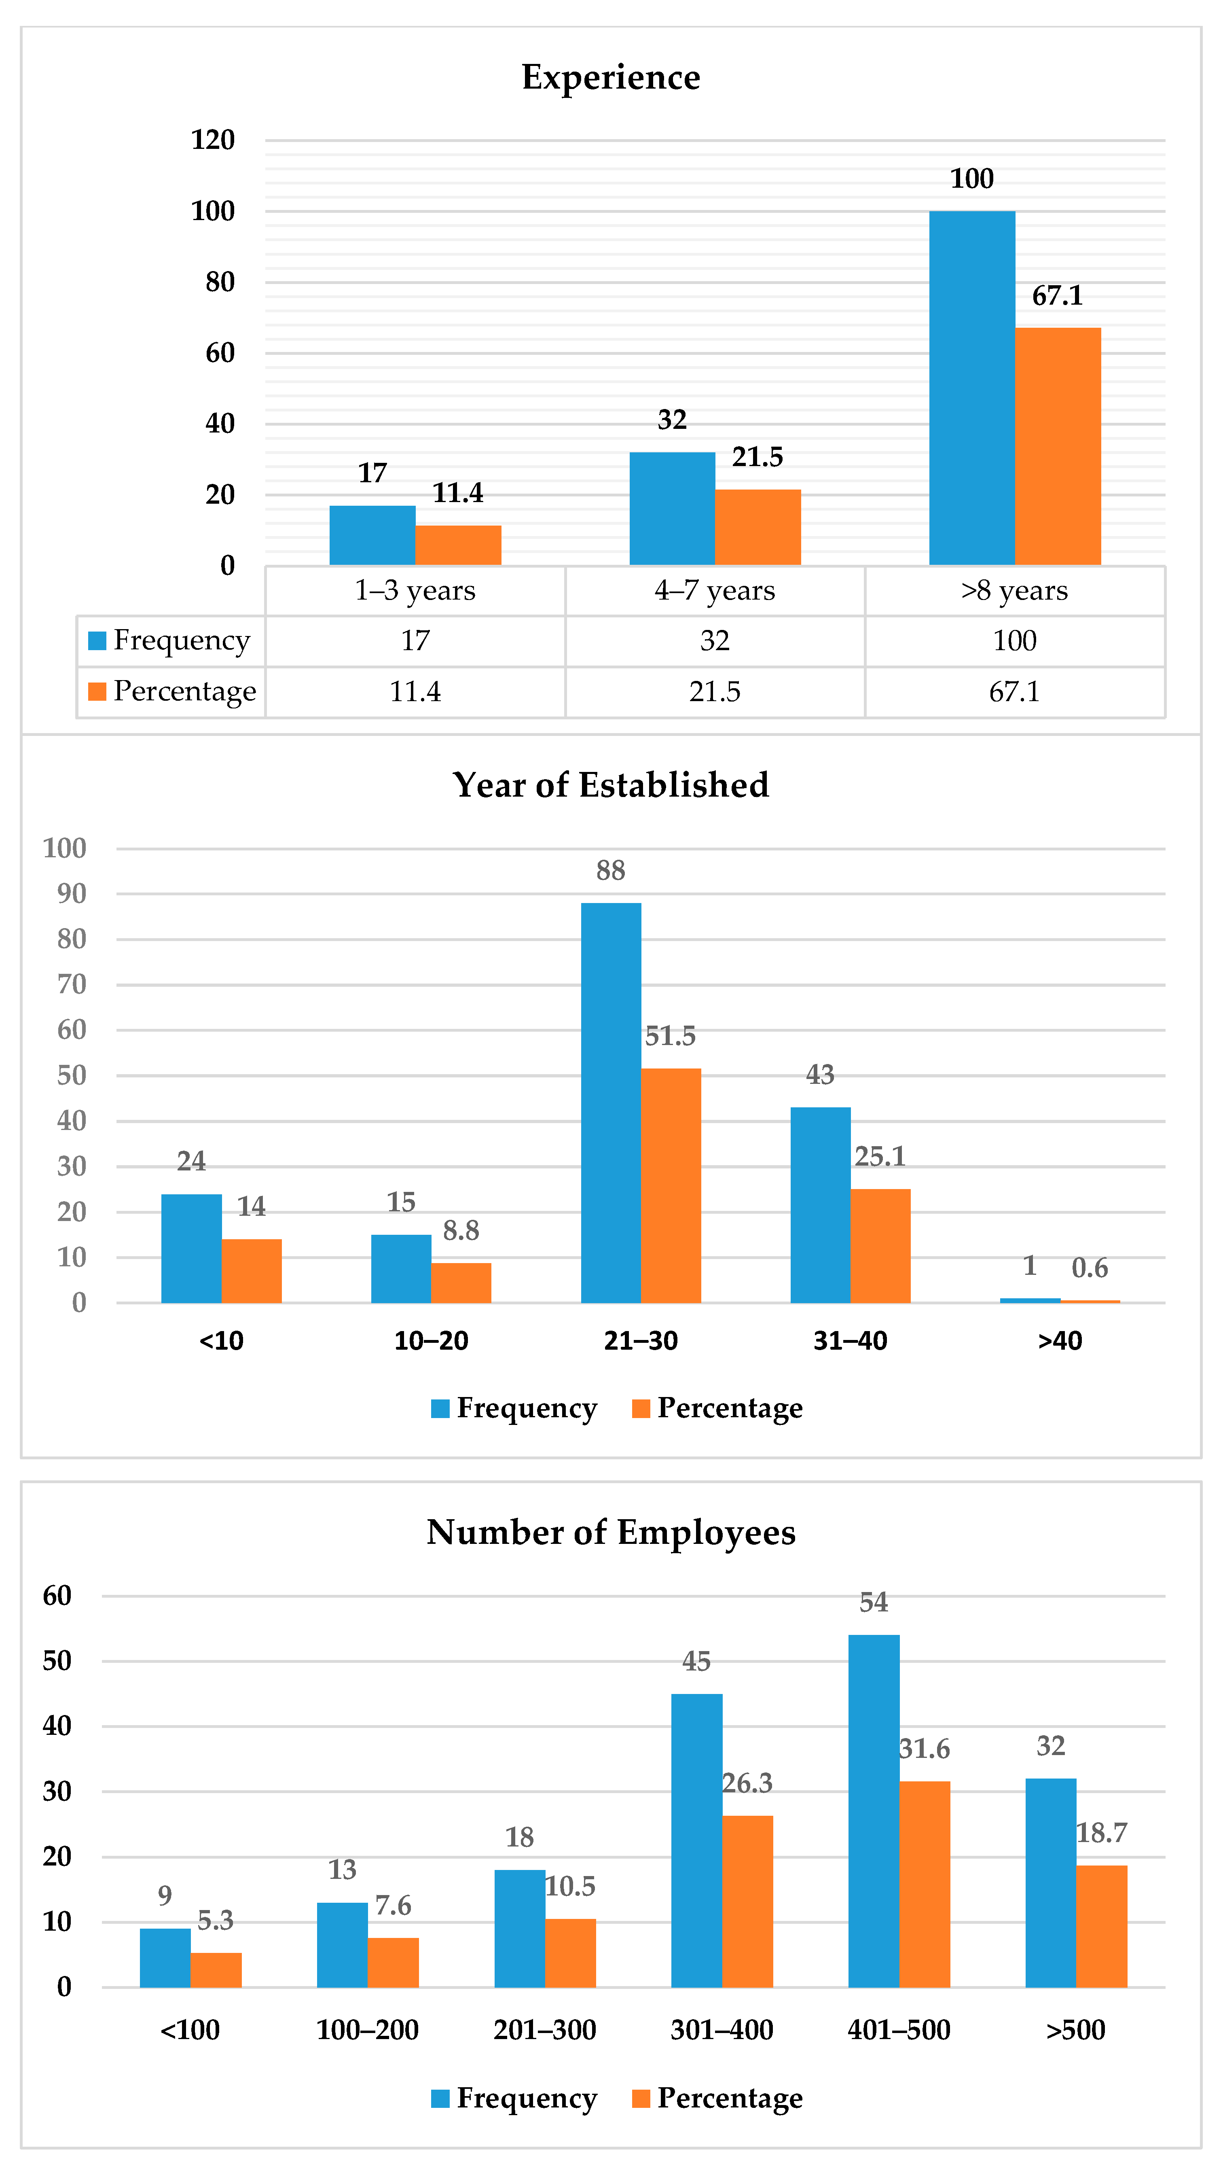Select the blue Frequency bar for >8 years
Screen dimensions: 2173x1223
pos(972,388)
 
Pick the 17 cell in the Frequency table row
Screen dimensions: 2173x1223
pos(415,641)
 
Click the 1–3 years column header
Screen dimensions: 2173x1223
pos(415,591)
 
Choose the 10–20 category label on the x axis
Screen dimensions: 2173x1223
pos(431,1340)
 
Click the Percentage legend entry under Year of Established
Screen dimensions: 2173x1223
pos(717,1408)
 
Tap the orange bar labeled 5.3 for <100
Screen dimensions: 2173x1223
pos(216,1970)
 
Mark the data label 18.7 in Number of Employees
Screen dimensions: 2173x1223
pos(1102,1833)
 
